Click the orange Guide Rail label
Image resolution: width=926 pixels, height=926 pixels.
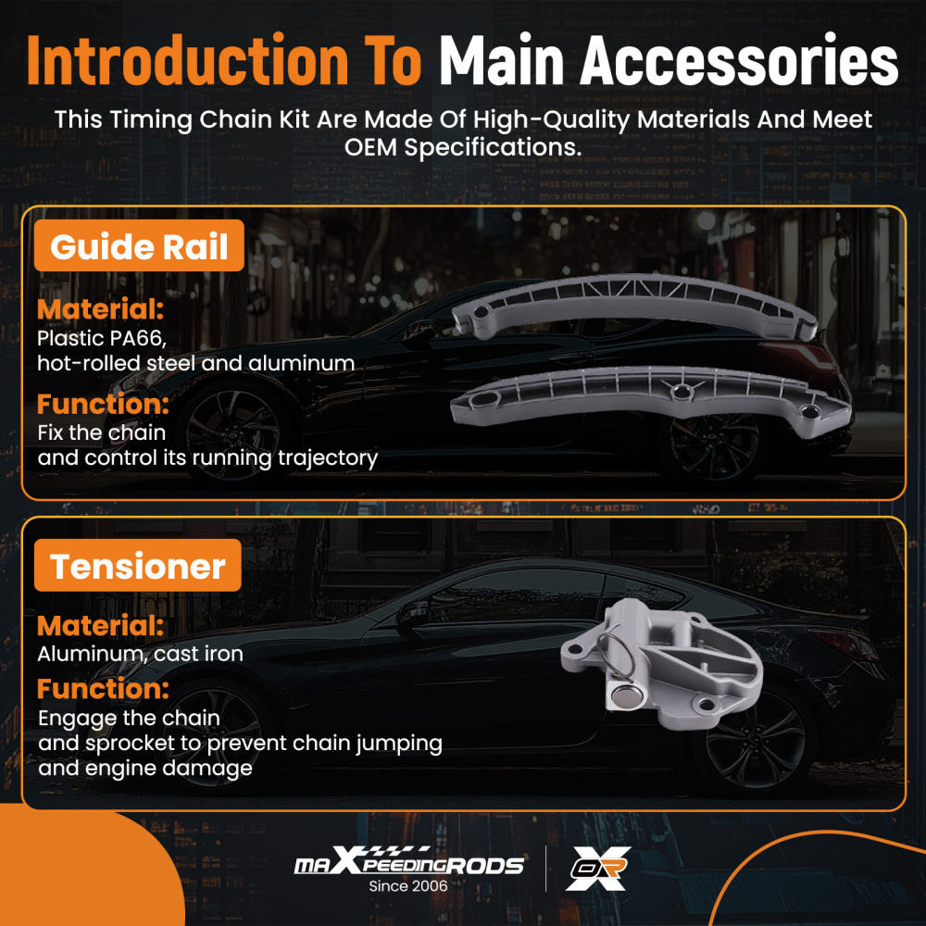139,245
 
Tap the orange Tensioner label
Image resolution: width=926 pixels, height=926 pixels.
138,566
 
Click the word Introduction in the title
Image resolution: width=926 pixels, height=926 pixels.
188,60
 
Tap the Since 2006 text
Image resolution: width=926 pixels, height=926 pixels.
408,886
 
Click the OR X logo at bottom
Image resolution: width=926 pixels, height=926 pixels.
598,869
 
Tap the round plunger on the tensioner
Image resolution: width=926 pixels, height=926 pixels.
623,697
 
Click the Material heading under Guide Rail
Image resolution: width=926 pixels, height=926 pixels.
100,309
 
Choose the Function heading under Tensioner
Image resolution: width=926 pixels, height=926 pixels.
103,689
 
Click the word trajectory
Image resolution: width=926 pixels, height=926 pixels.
328,458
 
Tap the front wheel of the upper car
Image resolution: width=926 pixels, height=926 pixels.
232,431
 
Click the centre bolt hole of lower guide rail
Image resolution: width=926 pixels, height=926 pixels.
682,391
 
